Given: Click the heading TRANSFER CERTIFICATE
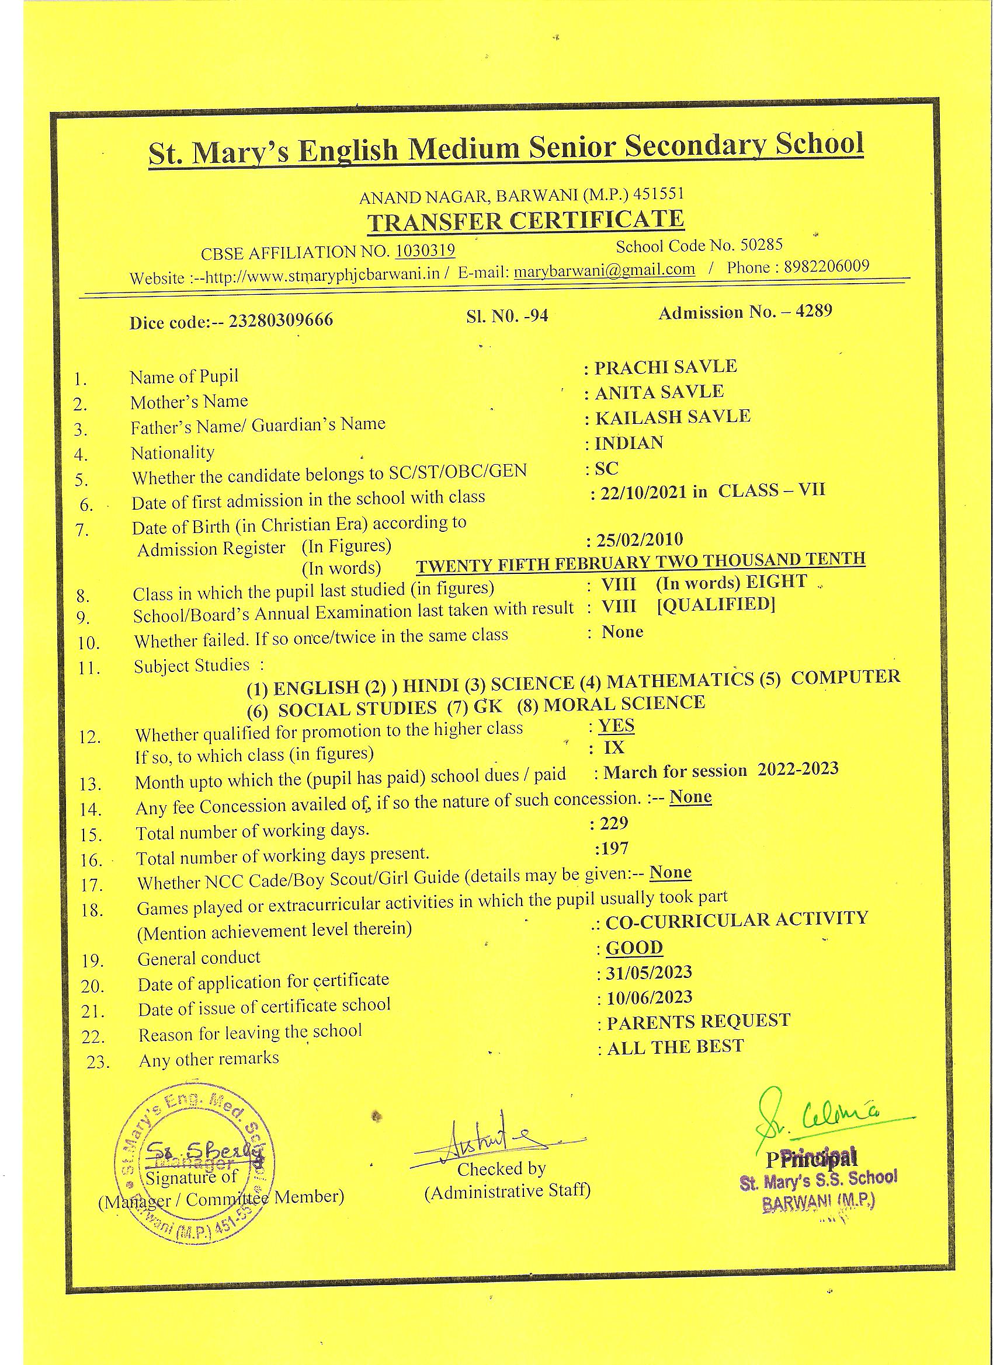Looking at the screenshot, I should tap(525, 221).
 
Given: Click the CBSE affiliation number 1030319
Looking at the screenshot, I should tap(425, 250).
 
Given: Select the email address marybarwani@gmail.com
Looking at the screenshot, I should tap(605, 270).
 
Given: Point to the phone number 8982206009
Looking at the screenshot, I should tap(826, 267).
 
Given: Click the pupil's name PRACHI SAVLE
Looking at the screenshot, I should tap(665, 367).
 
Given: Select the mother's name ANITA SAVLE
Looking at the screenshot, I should tap(659, 392).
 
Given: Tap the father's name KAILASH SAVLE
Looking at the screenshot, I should tap(673, 417).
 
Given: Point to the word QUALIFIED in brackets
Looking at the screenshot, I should tap(716, 604).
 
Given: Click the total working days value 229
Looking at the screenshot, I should tap(614, 823).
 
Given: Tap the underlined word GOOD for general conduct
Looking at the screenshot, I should tap(634, 948).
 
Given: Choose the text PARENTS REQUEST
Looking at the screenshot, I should tap(698, 1022).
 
